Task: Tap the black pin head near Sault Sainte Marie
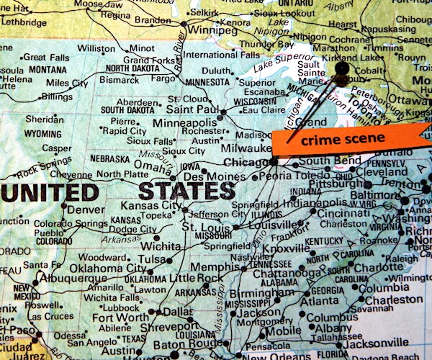click(x=342, y=70)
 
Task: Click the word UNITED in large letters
click(x=50, y=192)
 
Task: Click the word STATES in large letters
click(x=186, y=191)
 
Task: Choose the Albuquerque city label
click(x=63, y=278)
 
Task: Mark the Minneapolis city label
click(x=184, y=123)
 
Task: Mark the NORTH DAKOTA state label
click(x=132, y=68)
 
